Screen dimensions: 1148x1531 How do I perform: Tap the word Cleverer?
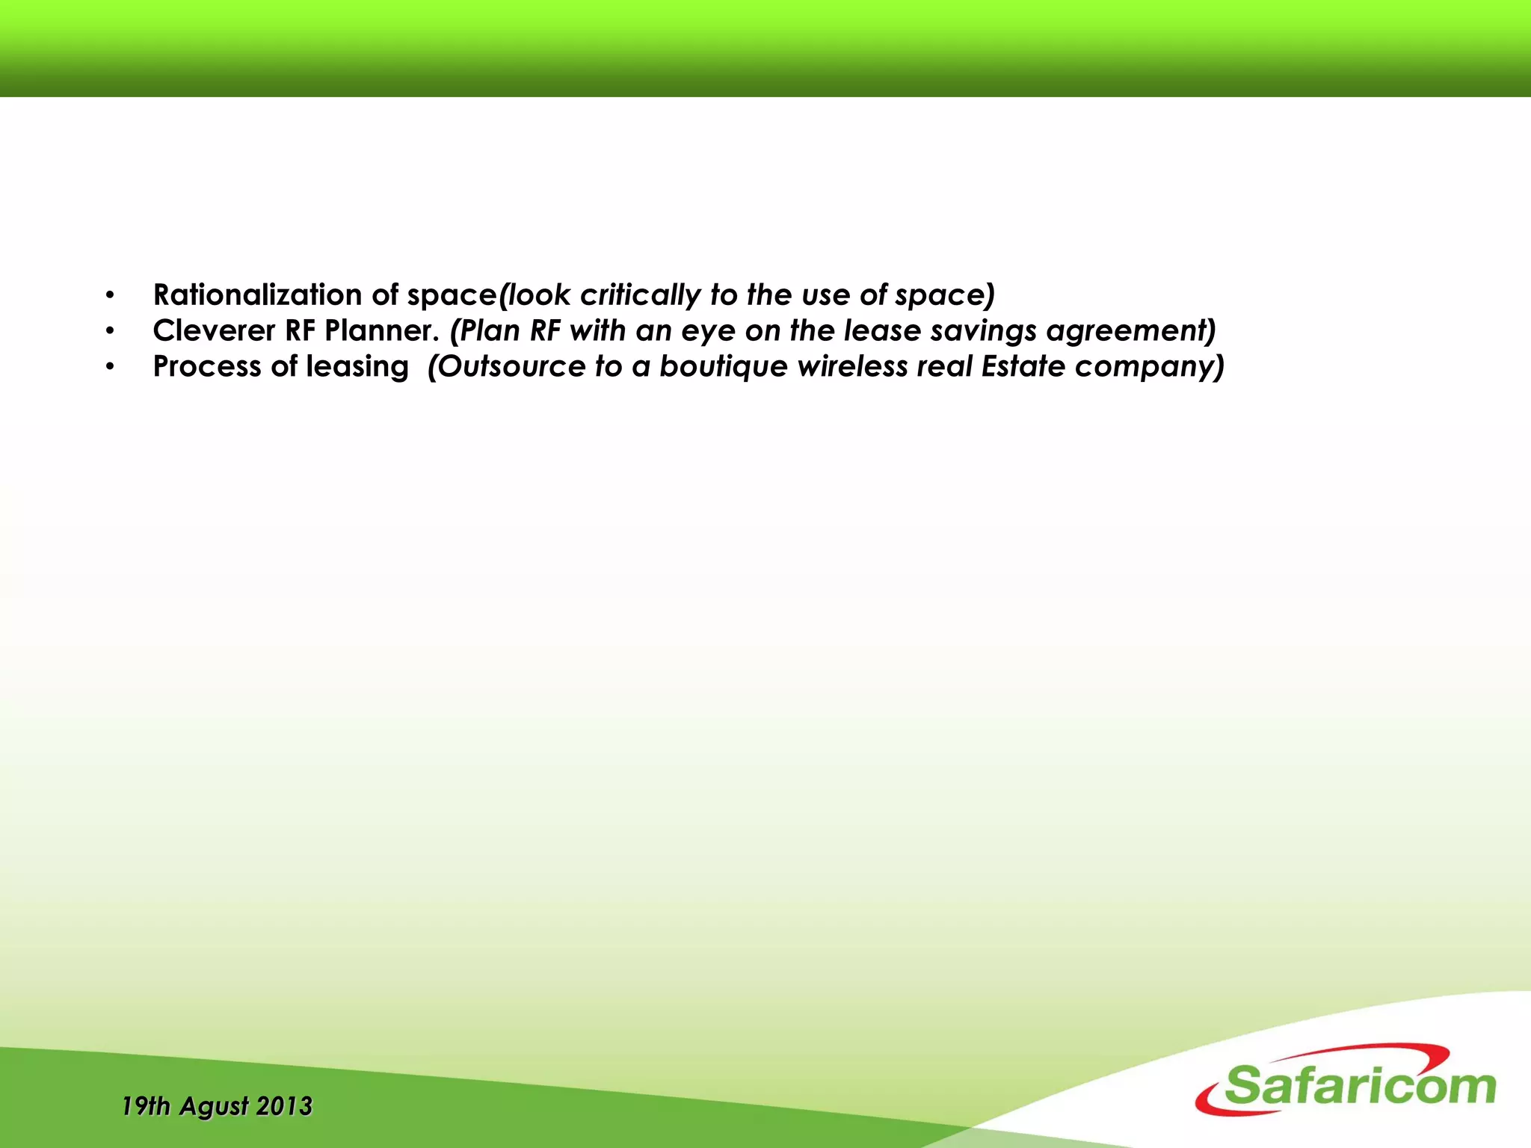click(x=214, y=330)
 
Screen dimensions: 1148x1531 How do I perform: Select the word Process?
click(x=207, y=366)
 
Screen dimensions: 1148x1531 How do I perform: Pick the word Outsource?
click(x=508, y=366)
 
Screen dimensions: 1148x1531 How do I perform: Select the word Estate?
click(x=1023, y=366)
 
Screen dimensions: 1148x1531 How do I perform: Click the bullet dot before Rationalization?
click(x=110, y=295)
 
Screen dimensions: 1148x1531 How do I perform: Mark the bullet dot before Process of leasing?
click(x=110, y=367)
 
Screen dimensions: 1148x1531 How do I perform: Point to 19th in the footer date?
click(x=145, y=1106)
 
